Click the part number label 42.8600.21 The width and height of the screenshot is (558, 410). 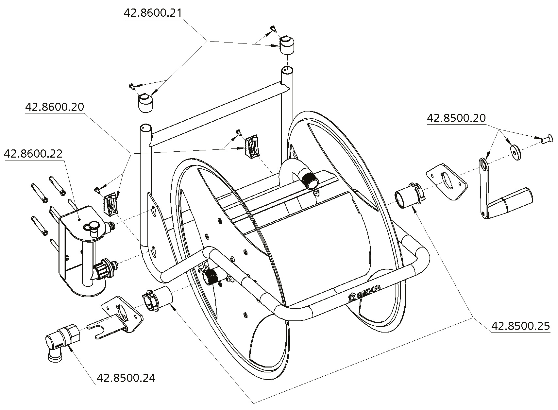(x=153, y=13)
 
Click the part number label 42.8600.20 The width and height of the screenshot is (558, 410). (x=55, y=107)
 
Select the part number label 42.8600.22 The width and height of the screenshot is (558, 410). (x=33, y=154)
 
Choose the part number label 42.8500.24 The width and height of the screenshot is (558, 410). (x=126, y=378)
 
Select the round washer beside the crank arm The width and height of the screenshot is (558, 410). (x=516, y=153)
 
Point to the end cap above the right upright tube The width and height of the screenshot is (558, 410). (x=286, y=45)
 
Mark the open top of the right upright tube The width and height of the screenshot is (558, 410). (x=287, y=70)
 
